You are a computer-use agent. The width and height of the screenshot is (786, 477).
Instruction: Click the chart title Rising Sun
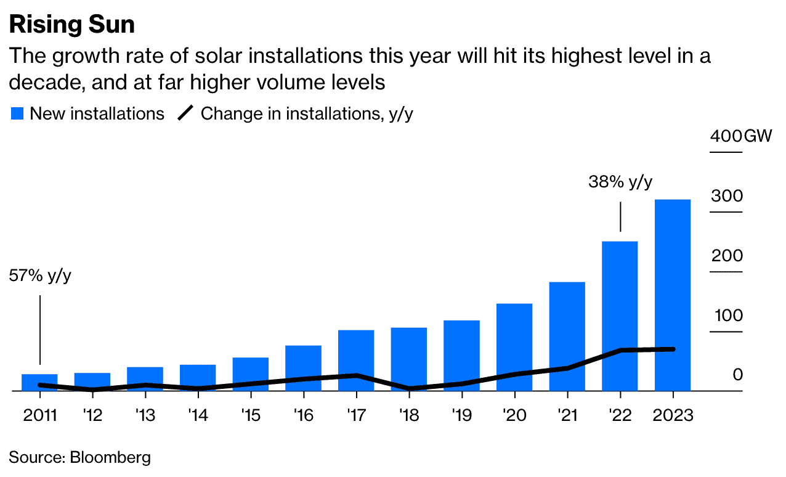click(71, 25)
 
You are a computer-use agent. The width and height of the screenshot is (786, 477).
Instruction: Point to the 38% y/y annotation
click(620, 182)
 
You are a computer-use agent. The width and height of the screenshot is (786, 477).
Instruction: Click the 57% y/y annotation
click(40, 276)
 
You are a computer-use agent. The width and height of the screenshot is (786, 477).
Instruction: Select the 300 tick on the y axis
click(727, 196)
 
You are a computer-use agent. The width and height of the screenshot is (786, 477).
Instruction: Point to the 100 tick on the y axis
click(728, 316)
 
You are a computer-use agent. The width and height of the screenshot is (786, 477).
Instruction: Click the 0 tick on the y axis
click(738, 375)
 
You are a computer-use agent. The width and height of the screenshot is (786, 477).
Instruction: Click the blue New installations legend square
click(17, 114)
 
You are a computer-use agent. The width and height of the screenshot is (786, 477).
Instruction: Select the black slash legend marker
click(185, 114)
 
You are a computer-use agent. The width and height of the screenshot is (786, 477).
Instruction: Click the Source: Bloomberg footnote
click(80, 457)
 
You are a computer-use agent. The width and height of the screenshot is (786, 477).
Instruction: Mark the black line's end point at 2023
click(673, 349)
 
